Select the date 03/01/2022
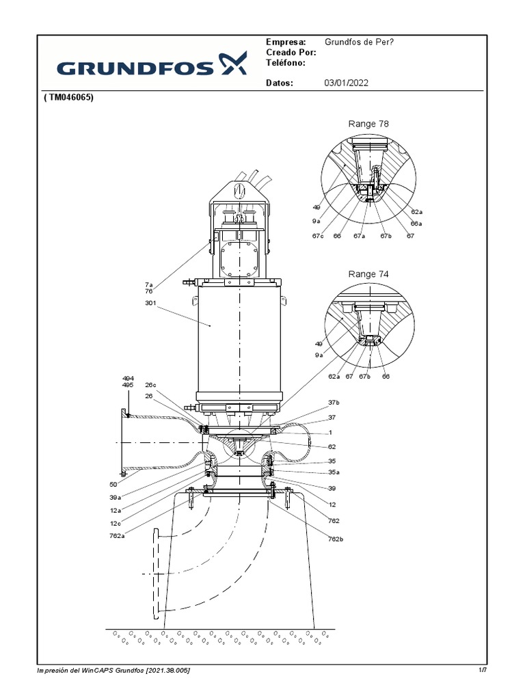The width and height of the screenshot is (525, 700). coord(346,83)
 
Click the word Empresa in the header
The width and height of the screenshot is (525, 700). coord(286,42)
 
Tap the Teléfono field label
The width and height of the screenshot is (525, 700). coord(286,63)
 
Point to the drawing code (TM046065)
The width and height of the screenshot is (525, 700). coord(68,98)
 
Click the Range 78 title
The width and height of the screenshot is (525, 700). coord(368,124)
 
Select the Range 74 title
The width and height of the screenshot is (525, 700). coord(368,273)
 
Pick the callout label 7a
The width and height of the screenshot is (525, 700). coord(148,284)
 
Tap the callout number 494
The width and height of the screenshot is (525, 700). coord(128,378)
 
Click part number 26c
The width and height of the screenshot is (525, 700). coord(151,385)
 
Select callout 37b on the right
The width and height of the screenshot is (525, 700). coord(334,403)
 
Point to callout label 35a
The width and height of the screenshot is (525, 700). coord(333,472)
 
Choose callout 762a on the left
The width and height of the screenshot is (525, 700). coord(117,536)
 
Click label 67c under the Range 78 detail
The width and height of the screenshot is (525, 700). coord(318,236)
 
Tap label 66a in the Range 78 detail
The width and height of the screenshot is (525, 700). coord(416,223)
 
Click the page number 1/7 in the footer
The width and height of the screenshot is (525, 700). coord(483,671)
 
